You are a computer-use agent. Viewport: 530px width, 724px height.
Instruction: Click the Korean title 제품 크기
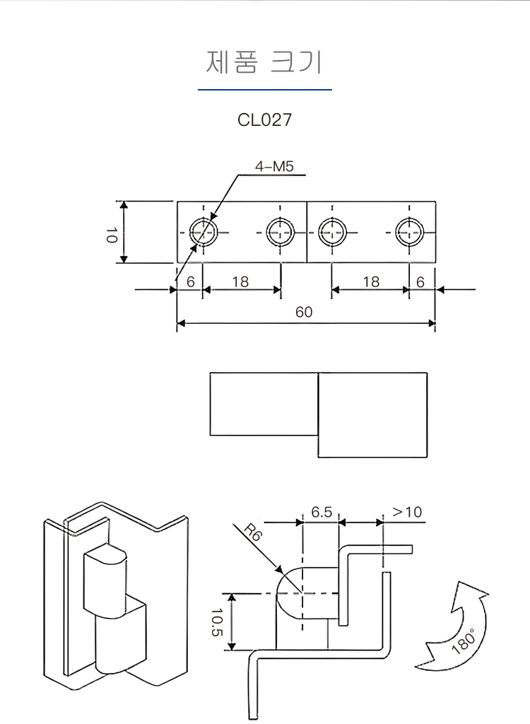tap(264, 62)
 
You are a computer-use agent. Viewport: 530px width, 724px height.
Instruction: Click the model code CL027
tap(264, 119)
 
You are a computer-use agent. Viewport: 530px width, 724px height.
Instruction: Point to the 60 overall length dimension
tap(304, 313)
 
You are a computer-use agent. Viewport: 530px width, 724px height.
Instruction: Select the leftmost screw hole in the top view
tap(204, 231)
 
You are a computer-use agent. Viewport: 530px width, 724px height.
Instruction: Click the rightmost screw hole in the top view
tap(409, 231)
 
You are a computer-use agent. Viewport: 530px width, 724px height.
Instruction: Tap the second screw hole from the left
tap(280, 231)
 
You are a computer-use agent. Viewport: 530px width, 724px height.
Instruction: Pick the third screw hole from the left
tap(331, 231)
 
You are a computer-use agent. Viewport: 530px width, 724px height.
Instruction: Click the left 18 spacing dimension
tap(240, 281)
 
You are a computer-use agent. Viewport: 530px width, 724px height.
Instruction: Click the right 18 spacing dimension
tap(371, 281)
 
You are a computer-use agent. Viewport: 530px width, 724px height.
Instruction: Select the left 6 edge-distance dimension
tap(190, 281)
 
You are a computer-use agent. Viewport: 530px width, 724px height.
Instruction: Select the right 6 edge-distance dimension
tap(420, 281)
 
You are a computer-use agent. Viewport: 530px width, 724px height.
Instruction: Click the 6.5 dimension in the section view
tap(322, 512)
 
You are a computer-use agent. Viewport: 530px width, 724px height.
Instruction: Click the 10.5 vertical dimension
tap(216, 622)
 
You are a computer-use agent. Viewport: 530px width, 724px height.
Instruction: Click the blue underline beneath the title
tap(264, 90)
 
